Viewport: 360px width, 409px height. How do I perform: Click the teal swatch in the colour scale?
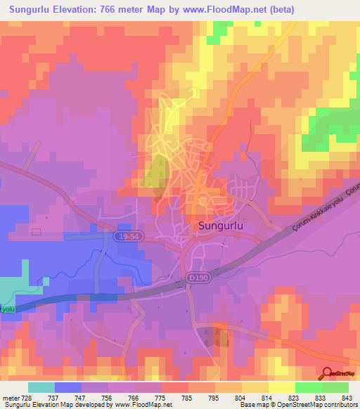coord(41,387)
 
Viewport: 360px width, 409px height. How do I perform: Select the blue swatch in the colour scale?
coord(68,387)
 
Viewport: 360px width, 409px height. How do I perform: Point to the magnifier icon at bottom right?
coord(327,375)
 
